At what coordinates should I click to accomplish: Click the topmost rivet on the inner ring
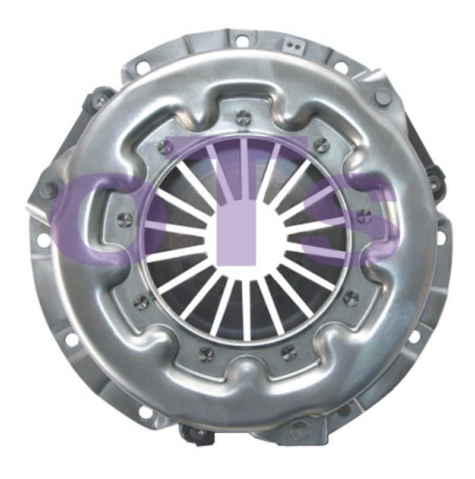pos(244,116)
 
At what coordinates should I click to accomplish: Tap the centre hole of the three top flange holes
pos(242,40)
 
